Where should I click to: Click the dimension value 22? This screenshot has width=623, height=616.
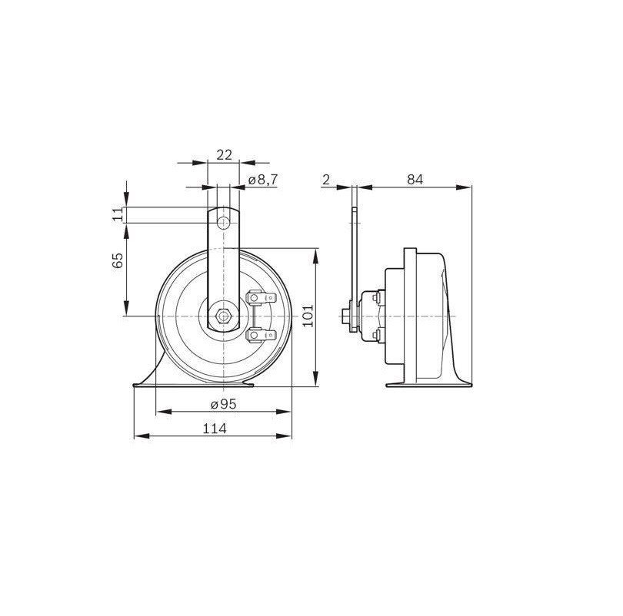click(x=224, y=154)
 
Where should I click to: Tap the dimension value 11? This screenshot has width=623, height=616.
click(x=118, y=214)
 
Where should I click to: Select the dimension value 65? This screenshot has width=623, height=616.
click(x=118, y=261)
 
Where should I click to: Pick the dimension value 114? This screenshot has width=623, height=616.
click(x=215, y=429)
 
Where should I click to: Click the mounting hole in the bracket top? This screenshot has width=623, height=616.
click(x=224, y=223)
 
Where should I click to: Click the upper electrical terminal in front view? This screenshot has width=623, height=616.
click(x=258, y=296)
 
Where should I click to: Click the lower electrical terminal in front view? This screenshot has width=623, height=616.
click(x=258, y=335)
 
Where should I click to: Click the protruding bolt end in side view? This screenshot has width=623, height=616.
click(x=342, y=315)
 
